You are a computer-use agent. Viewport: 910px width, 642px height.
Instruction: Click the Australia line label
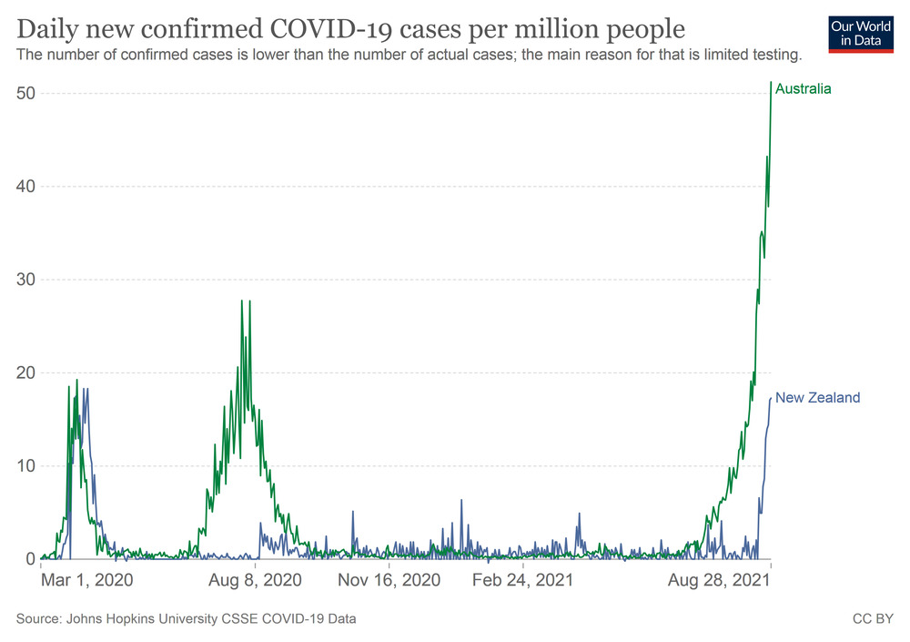pyautogui.click(x=804, y=89)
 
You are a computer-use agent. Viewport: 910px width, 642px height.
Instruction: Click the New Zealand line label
pyautogui.click(x=817, y=398)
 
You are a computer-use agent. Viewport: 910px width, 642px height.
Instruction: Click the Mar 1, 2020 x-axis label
pyautogui.click(x=86, y=580)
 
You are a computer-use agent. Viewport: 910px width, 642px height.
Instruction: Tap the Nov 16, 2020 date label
pyautogui.click(x=389, y=580)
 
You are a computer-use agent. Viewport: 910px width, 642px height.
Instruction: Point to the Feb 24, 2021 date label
pyautogui.click(x=522, y=580)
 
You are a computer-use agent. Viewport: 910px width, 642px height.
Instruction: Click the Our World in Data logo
pyautogui.click(x=860, y=32)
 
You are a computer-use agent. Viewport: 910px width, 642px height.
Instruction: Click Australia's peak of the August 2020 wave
pyautogui.click(x=242, y=301)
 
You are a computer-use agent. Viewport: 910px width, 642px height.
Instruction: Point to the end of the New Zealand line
pyautogui.click(x=771, y=398)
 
